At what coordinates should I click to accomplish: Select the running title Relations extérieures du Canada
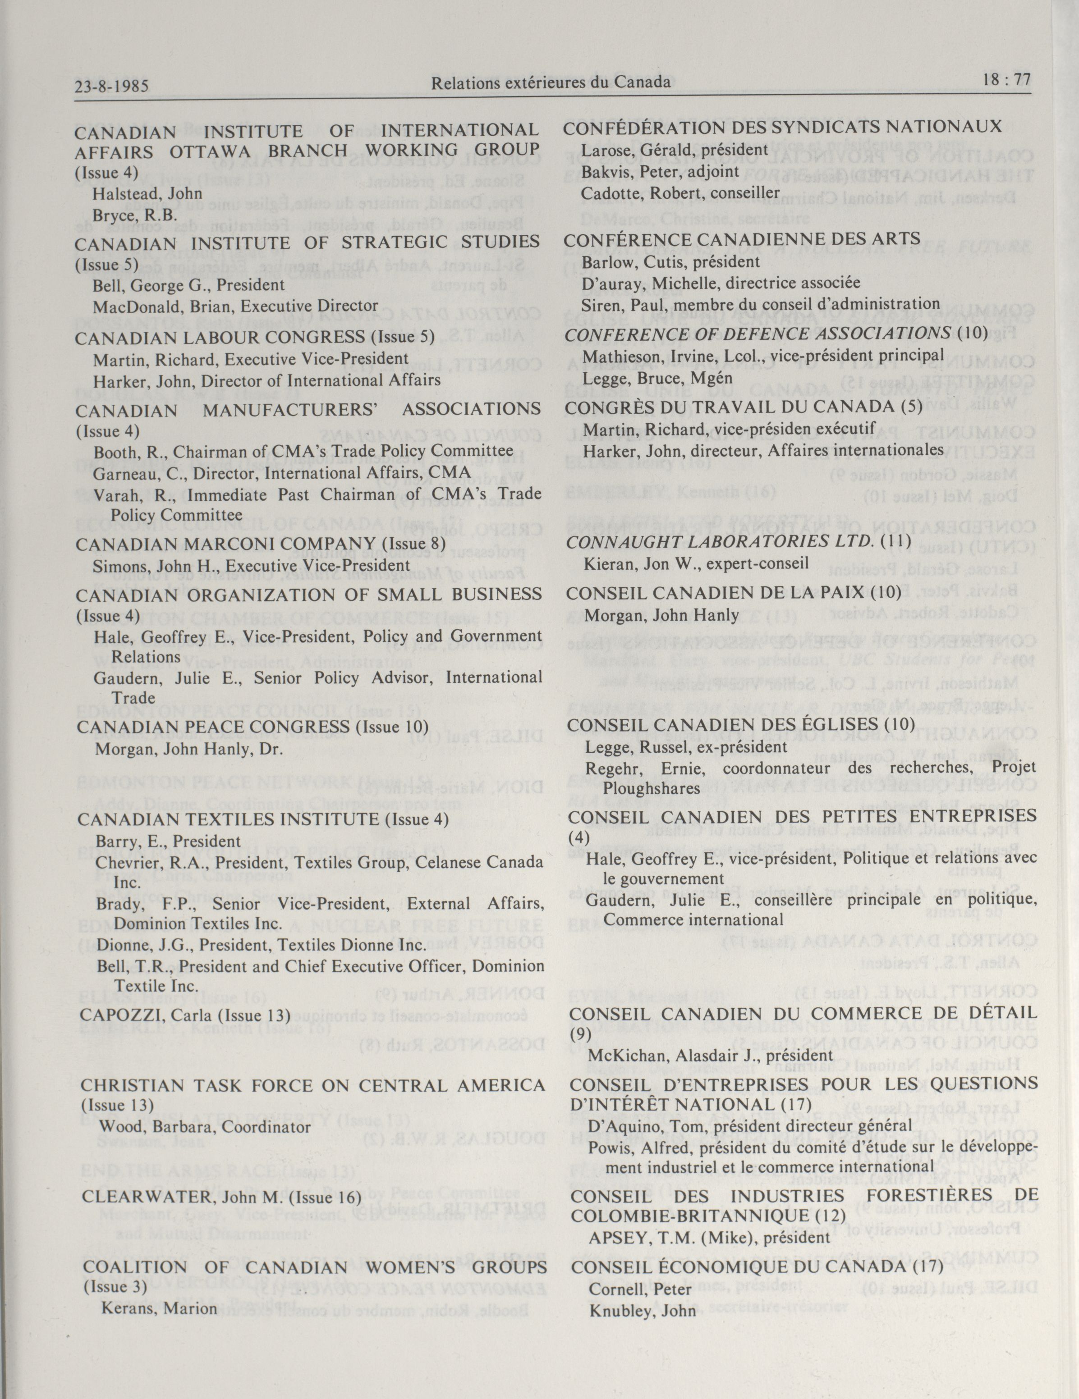tap(551, 82)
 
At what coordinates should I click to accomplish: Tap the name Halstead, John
tap(147, 193)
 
